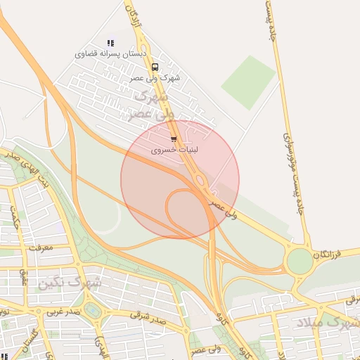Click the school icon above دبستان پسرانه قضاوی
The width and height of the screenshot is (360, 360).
(110, 43)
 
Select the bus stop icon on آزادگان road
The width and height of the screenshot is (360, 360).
(154, 67)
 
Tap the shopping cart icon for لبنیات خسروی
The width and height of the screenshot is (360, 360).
(174, 140)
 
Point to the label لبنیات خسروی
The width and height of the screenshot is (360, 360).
(174, 150)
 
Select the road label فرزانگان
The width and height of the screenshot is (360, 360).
(336, 252)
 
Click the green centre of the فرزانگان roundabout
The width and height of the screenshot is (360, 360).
(300, 262)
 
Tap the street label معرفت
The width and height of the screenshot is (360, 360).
(41, 247)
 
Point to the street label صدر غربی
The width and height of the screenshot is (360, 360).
(62, 310)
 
